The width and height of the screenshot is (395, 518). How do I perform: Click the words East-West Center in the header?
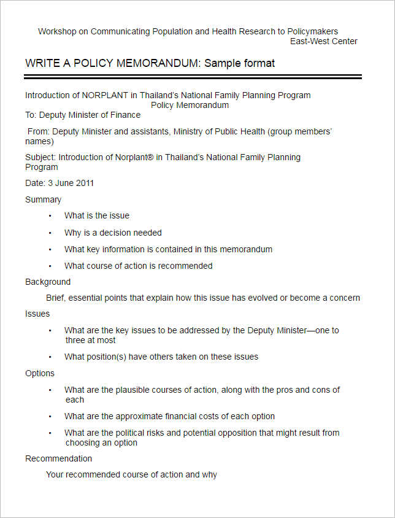[323, 41]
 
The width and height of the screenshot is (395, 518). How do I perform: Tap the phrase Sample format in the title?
[239, 63]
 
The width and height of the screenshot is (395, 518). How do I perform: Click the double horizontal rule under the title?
[193, 77]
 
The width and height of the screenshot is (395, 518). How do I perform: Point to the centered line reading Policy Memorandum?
[190, 105]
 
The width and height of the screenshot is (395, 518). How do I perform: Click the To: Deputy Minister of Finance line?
[83, 115]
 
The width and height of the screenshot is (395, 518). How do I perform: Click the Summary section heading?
[43, 199]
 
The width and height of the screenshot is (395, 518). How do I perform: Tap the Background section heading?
[48, 282]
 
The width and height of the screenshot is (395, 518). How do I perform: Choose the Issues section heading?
[37, 314]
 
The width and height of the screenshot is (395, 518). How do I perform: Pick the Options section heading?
[40, 373]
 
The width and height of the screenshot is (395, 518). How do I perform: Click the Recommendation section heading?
[58, 458]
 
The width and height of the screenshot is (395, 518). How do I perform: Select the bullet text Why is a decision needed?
[113, 233]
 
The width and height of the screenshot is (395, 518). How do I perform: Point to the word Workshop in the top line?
[56, 31]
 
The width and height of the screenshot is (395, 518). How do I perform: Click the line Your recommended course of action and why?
[131, 474]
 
